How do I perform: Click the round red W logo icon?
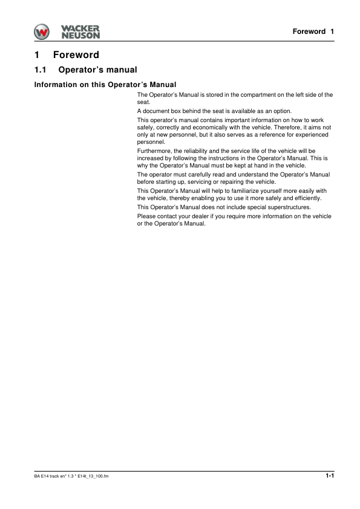[43, 31]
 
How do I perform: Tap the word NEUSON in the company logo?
[80, 35]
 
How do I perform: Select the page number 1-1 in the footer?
[329, 476]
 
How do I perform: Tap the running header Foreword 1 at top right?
[313, 31]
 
